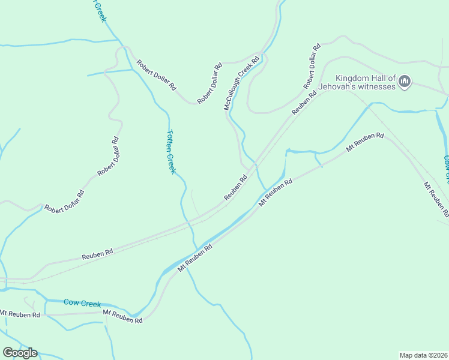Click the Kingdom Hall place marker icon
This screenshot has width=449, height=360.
point(404,81)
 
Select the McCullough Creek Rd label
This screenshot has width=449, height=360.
point(241,83)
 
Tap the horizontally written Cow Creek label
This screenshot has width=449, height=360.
point(82,304)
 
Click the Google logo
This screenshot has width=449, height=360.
point(20,352)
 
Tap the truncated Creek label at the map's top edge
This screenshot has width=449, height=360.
point(100,11)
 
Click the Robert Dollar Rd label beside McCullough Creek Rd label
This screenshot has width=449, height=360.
point(210,83)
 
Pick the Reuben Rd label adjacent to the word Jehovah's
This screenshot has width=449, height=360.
point(304,103)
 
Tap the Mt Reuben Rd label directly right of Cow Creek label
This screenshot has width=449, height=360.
point(122,317)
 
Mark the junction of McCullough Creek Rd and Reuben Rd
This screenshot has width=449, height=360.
point(253,163)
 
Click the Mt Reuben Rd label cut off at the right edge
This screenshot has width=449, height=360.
point(436,199)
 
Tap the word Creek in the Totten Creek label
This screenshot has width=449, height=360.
point(172,163)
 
